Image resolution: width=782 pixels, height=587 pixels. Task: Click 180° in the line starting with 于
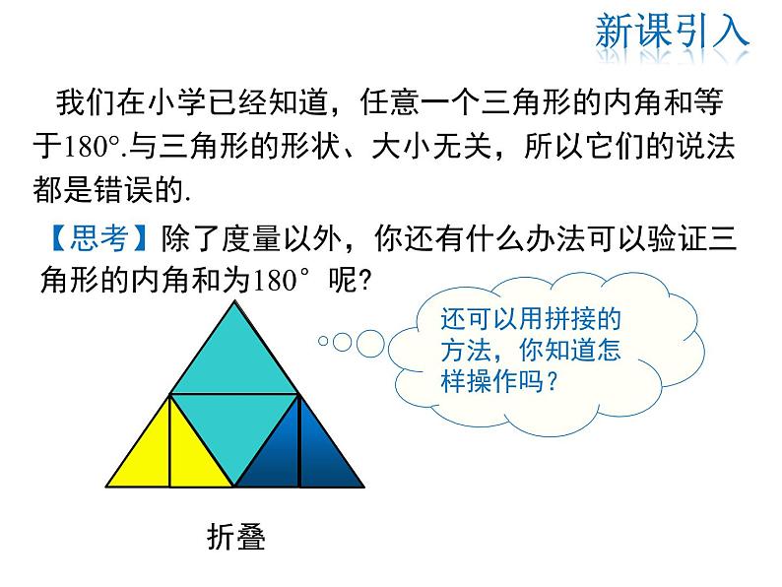pos(93,148)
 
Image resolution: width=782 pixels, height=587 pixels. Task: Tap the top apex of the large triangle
pos(234,303)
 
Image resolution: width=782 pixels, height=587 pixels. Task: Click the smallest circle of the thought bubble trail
pos(322,342)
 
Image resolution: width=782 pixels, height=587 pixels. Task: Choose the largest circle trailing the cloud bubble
pos(369,342)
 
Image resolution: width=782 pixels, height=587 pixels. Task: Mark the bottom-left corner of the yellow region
pos(108,485)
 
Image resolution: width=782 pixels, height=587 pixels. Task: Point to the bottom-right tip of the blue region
pos(361,485)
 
